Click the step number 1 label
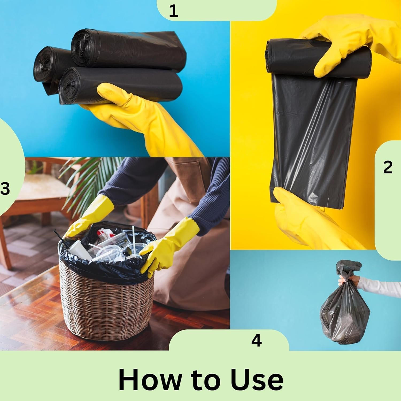point(173,11)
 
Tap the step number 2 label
point(388,167)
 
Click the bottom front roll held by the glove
point(120,86)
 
